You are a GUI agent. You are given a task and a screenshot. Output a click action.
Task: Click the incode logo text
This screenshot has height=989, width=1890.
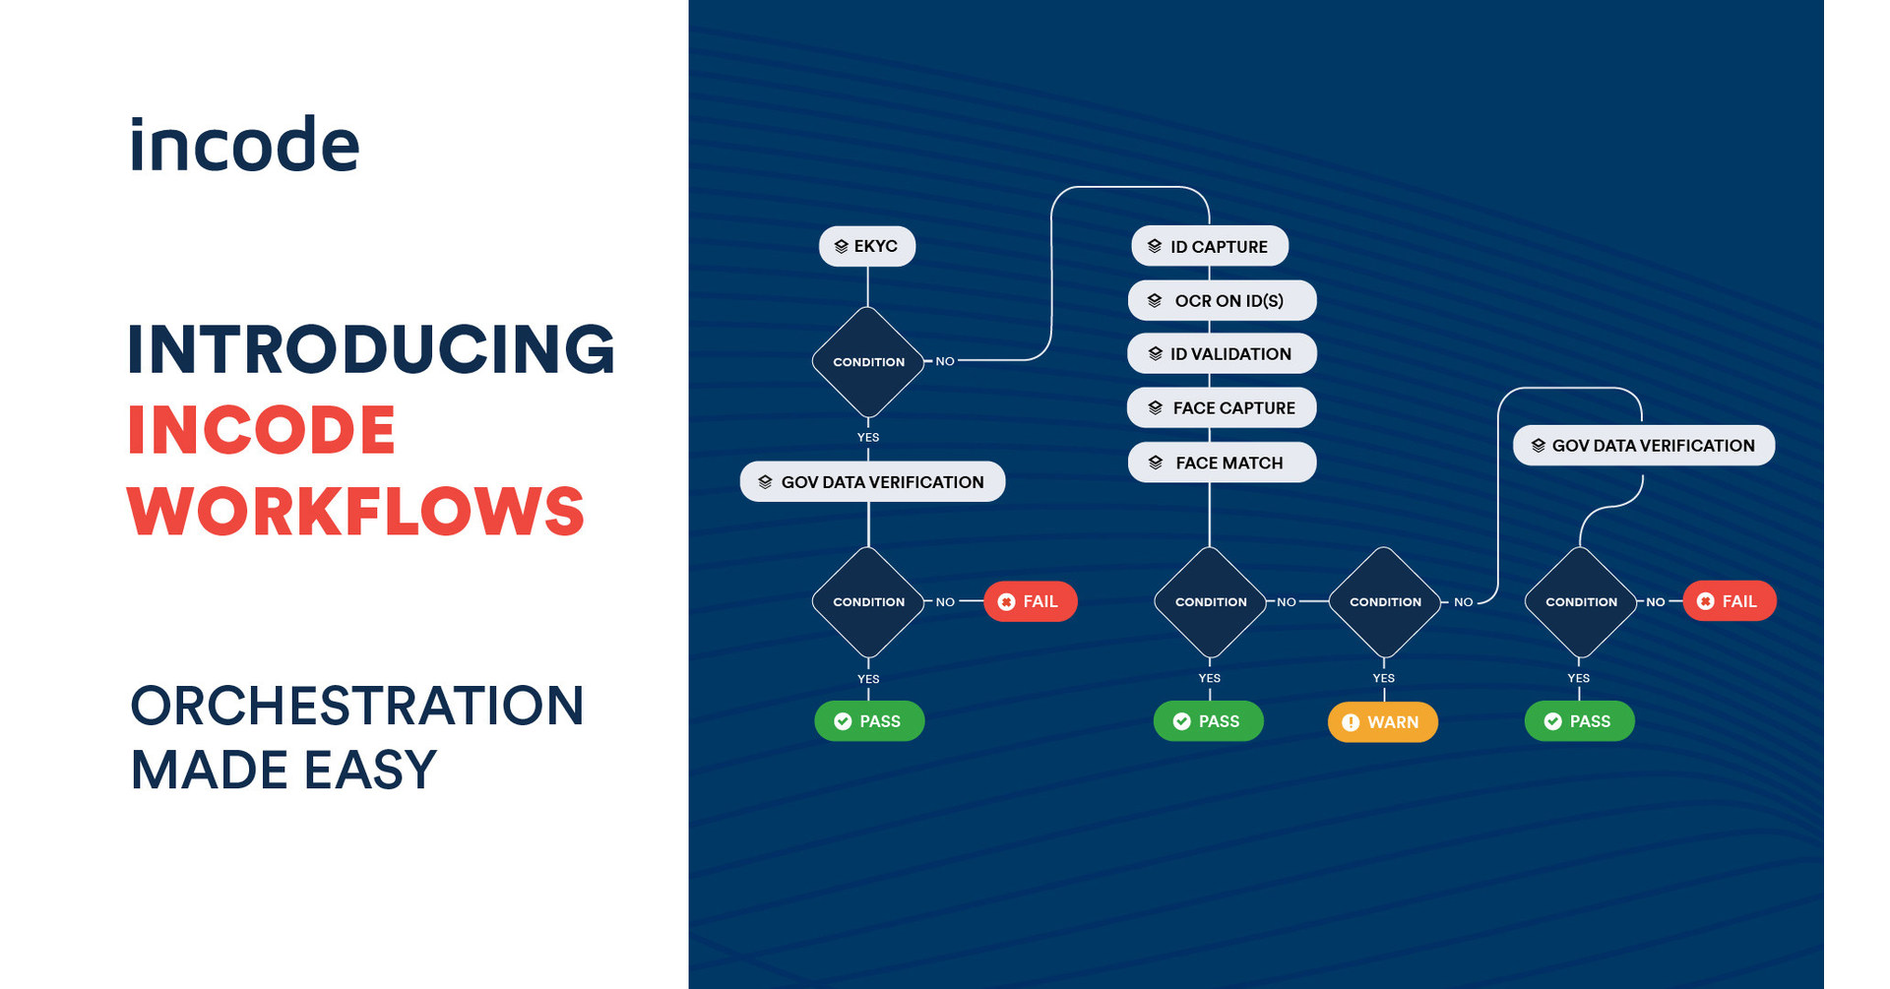coord(244,145)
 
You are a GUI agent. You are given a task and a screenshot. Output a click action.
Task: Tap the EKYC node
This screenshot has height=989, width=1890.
coord(866,246)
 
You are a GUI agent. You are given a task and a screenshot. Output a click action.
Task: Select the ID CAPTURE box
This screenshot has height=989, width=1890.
coord(1209,246)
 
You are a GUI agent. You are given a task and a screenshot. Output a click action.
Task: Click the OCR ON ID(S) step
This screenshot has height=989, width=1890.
coord(1221,300)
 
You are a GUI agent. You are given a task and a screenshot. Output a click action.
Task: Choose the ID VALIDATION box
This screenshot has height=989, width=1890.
coord(1221,353)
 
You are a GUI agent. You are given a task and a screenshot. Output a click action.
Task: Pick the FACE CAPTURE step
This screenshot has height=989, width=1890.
coord(1221,407)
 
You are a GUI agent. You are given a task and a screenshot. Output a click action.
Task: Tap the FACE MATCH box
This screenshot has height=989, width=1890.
coord(1221,463)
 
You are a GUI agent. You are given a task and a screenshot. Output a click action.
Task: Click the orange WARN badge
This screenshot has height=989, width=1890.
coord(1382,721)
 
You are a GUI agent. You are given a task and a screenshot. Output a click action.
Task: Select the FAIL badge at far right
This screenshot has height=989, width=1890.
coord(1729,601)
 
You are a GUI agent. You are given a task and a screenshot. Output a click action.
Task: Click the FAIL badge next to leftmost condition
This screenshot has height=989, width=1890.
coord(1030,601)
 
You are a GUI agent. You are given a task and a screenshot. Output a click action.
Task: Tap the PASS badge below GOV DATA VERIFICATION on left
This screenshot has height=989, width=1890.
coord(868,721)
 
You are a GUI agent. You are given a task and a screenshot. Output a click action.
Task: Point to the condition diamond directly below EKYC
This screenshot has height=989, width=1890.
coord(868,362)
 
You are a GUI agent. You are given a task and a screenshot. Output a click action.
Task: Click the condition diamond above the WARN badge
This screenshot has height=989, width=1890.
coord(1384,601)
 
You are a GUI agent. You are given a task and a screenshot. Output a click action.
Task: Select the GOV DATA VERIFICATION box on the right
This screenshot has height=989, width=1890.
coord(1643,445)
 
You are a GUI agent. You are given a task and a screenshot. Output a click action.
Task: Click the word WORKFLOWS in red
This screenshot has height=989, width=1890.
coord(355,511)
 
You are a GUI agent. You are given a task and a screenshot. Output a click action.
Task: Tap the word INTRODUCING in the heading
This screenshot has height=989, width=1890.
coord(371,349)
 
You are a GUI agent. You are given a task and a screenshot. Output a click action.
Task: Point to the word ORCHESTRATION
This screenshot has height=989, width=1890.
coord(356,706)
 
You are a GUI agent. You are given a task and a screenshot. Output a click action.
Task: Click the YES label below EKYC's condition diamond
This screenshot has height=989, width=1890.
coord(867,437)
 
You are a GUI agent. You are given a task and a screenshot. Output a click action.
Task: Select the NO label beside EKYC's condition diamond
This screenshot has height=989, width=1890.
coord(944,361)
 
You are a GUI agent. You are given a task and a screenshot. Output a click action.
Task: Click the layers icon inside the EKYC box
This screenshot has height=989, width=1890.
coord(841,246)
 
